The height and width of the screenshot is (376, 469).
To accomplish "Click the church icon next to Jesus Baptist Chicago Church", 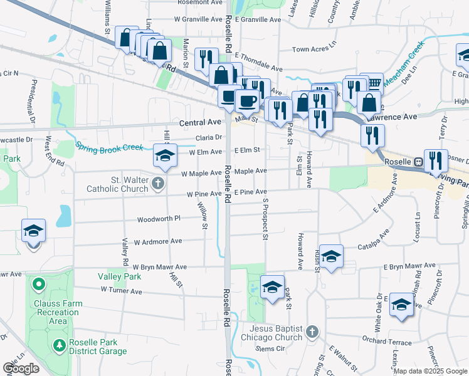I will (x=313, y=331).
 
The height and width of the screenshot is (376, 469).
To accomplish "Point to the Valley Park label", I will (x=119, y=276).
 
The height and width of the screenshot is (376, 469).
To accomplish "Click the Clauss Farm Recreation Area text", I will (x=58, y=312).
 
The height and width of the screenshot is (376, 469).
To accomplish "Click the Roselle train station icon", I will (x=418, y=162).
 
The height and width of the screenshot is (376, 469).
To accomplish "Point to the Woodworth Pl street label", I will (x=159, y=219).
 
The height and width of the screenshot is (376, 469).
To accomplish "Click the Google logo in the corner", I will (x=21, y=368).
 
